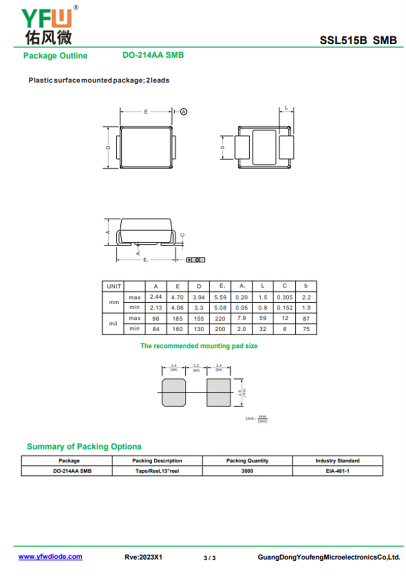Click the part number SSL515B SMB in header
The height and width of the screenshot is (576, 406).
point(358,41)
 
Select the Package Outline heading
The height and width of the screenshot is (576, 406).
point(55,56)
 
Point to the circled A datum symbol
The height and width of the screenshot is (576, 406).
point(184,111)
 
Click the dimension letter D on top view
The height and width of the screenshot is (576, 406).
point(109,147)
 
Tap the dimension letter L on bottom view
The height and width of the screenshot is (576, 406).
point(287,108)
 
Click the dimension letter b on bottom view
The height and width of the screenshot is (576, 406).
point(223,147)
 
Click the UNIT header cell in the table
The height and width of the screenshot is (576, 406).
point(113,286)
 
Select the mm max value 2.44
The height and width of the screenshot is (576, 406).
point(156,297)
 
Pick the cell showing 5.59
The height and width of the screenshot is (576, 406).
point(222,297)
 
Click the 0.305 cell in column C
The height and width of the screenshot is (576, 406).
point(285,297)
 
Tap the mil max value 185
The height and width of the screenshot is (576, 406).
point(177,318)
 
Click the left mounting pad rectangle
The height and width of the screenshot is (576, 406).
point(174,393)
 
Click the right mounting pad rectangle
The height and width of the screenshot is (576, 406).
point(219,393)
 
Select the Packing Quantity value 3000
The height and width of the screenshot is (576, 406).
point(247,471)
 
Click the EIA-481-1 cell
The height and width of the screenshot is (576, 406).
point(337,471)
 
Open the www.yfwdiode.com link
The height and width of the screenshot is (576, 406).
point(50,557)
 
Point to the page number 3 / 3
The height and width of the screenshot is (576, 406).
point(210,558)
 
